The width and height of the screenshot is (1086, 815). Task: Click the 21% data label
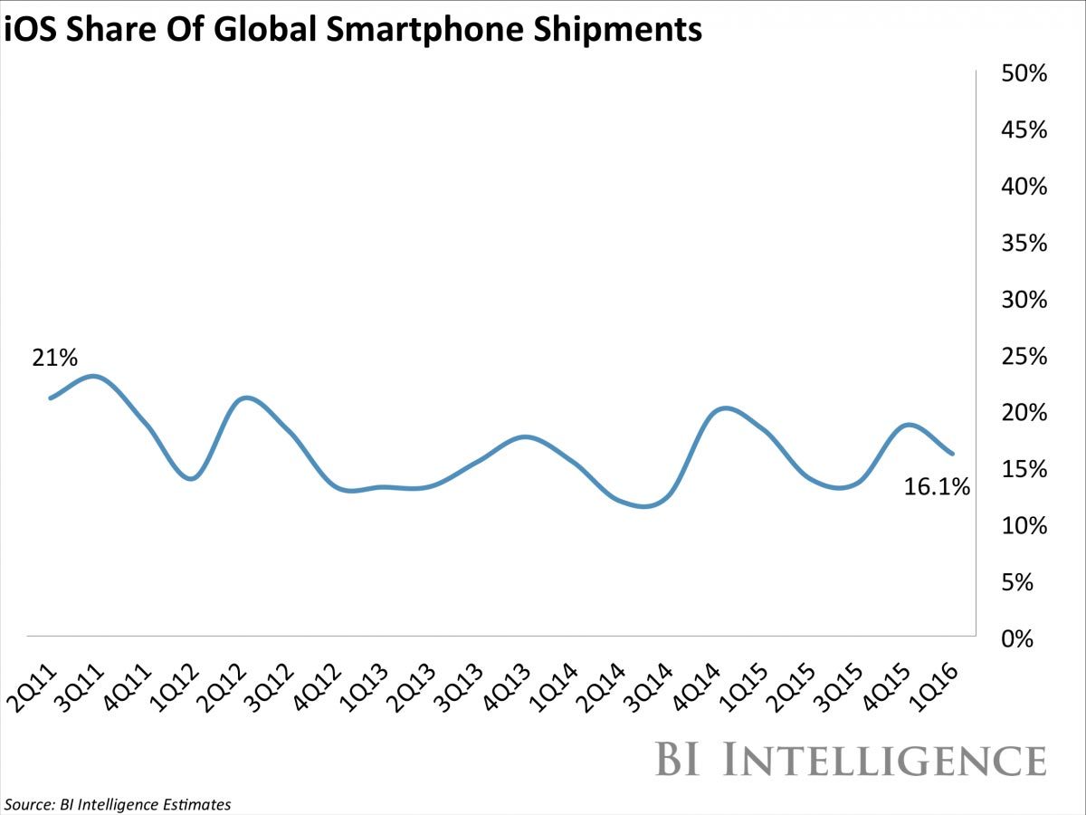coord(54,359)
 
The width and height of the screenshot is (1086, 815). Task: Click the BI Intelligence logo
coord(851,758)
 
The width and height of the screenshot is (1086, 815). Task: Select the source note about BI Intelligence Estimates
coord(118,804)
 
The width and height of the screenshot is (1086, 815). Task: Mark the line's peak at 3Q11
coord(96,376)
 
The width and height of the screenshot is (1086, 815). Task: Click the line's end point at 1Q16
coord(952,454)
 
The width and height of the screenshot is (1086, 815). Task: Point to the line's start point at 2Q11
coord(49,398)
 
